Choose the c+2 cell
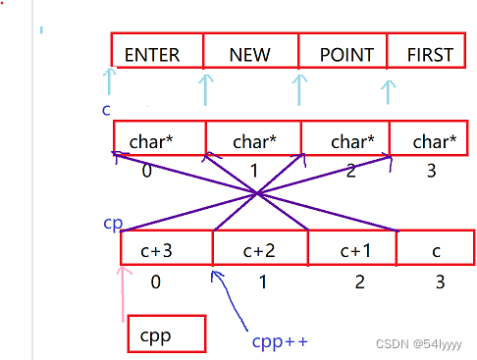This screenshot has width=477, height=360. [260, 248]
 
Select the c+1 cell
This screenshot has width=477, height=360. [352, 248]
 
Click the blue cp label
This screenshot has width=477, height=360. [113, 223]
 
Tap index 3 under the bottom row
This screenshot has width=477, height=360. [440, 283]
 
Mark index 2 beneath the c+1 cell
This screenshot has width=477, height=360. [360, 283]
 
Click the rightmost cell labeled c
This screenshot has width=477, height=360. [436, 248]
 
